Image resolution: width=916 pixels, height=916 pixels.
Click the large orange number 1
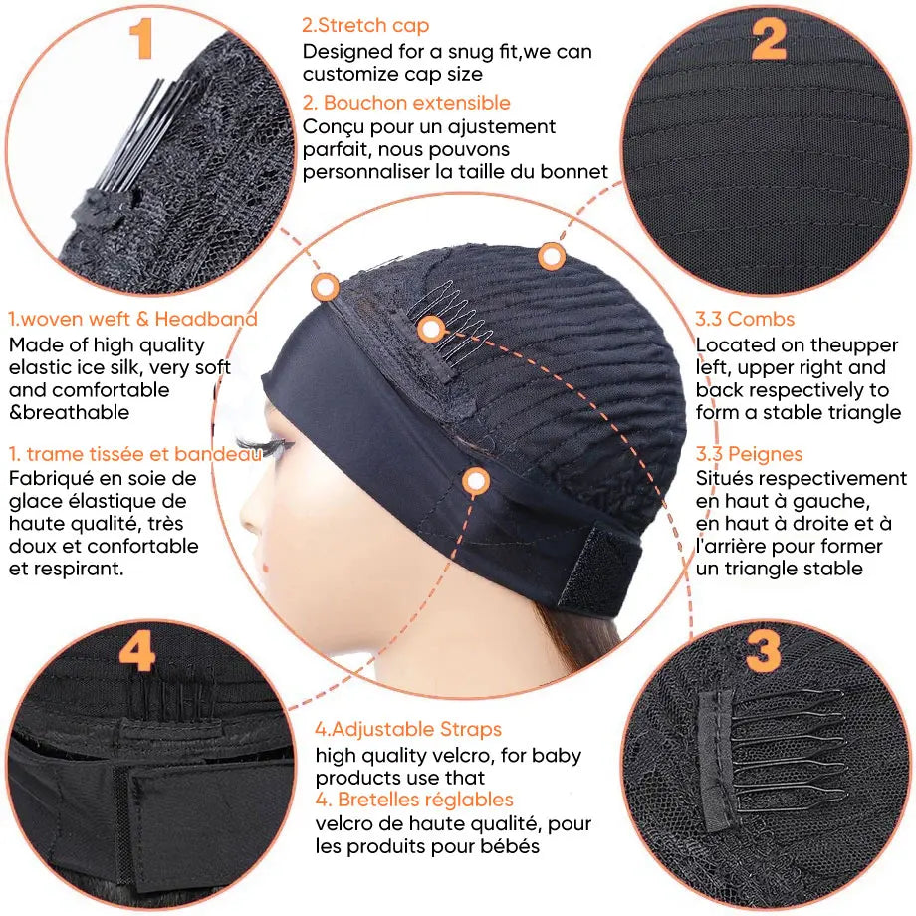[x=141, y=39]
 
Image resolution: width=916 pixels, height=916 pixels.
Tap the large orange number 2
[x=769, y=39]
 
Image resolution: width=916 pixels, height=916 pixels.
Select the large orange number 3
[x=764, y=653]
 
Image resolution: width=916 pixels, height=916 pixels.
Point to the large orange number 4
[x=136, y=653]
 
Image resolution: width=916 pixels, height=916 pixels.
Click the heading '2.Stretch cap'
[x=366, y=25]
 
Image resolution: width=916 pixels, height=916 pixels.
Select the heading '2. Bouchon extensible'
[x=406, y=103]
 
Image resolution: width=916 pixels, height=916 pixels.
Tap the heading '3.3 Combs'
[x=746, y=319]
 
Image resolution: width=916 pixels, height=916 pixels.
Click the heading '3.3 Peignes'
[x=750, y=454]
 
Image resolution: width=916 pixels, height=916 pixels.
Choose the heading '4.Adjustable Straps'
[x=409, y=730]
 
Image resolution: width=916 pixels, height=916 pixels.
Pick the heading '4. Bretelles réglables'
[x=415, y=800]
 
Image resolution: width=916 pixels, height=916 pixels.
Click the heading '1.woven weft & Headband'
[x=132, y=319]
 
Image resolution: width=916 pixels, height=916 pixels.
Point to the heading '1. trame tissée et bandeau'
[x=135, y=454]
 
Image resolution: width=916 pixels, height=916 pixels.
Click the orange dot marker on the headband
[x=476, y=482]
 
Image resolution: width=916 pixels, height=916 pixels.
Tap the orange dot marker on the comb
[x=430, y=329]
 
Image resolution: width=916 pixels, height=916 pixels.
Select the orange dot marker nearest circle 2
[x=552, y=257]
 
